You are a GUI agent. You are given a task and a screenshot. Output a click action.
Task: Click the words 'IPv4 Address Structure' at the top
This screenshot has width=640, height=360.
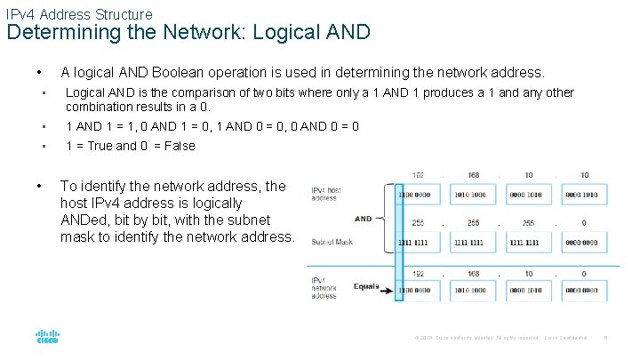click(x=79, y=14)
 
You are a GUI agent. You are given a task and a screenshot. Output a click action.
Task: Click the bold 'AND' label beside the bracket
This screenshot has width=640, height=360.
click(x=364, y=219)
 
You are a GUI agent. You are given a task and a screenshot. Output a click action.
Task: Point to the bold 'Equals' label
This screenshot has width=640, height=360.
click(x=365, y=287)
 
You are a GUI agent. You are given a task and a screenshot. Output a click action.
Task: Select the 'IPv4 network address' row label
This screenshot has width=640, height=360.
click(x=324, y=289)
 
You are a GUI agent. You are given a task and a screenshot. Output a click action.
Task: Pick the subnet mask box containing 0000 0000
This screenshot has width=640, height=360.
click(x=579, y=242)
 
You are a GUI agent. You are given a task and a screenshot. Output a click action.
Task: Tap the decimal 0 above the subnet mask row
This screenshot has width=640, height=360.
click(x=583, y=223)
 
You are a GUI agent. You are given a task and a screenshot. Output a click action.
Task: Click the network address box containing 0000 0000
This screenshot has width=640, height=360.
click(x=579, y=291)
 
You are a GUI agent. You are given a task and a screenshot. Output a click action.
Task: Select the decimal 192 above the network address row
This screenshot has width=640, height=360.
click(x=418, y=274)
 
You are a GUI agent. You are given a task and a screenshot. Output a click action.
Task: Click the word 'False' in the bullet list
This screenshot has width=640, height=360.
click(x=179, y=146)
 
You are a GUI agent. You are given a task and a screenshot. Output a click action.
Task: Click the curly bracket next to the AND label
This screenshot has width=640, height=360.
click(x=383, y=218)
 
